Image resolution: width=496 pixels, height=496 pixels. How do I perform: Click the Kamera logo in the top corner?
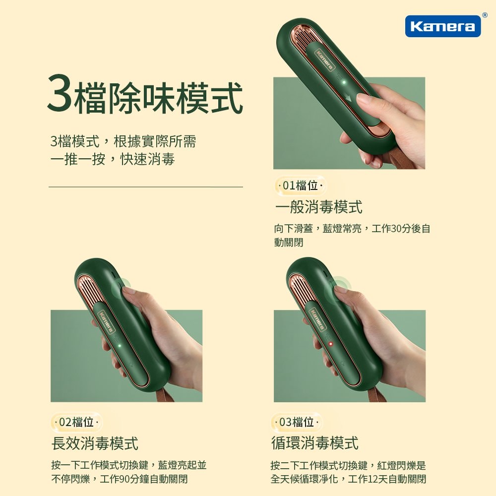pos(442,26)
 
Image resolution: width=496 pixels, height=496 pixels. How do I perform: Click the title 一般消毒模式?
pos(318,206)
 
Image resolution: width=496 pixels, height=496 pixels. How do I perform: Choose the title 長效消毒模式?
pos(95,443)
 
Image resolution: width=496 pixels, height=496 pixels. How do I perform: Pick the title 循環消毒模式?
pos(314,443)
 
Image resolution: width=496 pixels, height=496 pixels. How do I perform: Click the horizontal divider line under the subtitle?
pos(145,187)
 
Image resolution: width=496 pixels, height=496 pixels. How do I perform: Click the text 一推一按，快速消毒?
pos(113,159)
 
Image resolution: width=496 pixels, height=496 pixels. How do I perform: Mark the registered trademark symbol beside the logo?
pos(485,15)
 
